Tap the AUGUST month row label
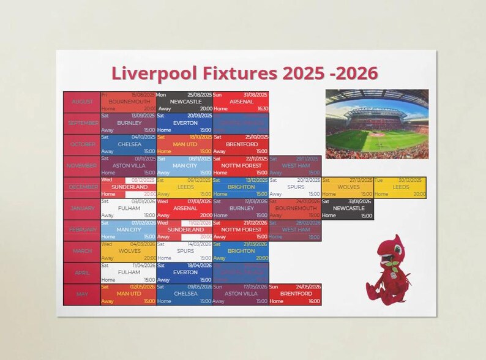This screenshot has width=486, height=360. (x=81, y=102)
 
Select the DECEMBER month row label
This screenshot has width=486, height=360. (x=81, y=187)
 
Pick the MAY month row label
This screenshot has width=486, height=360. (x=81, y=294)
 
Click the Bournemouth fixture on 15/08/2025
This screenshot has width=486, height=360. (x=128, y=102)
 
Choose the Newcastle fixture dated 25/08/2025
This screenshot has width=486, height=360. (x=184, y=102)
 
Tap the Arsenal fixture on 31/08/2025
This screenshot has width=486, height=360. (x=241, y=102)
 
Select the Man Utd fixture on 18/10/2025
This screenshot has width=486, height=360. (x=184, y=144)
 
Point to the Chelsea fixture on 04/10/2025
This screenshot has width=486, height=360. (x=128, y=144)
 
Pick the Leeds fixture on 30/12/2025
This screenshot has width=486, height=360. (x=400, y=187)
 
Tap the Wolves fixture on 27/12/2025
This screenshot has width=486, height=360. (x=347, y=187)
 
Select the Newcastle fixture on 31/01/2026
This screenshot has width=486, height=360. (x=347, y=209)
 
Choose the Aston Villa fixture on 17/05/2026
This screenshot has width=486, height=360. (x=241, y=294)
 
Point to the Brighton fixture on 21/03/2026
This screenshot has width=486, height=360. (x=241, y=252)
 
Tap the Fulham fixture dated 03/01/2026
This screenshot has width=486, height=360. (x=128, y=209)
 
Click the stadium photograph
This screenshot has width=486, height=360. (x=376, y=124)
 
